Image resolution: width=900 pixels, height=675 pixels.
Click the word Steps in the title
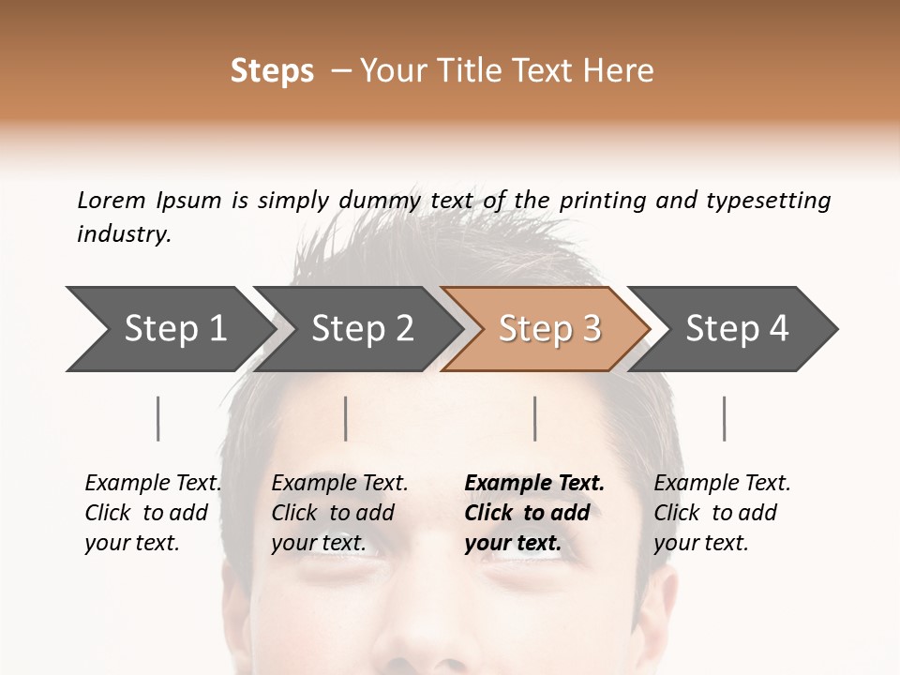(x=272, y=71)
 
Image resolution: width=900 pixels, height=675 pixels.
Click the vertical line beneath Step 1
(x=158, y=418)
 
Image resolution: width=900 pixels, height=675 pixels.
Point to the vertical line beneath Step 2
(x=346, y=418)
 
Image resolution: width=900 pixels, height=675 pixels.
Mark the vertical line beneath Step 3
(x=535, y=418)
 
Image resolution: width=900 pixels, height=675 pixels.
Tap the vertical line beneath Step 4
(x=725, y=418)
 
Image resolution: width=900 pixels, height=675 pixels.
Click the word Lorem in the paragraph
(x=112, y=200)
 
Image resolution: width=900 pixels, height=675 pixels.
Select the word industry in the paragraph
(x=124, y=233)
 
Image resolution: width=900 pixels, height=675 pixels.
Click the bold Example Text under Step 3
(x=534, y=483)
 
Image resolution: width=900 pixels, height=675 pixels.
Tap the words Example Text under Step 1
(x=153, y=483)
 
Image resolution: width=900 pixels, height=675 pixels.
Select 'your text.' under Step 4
(x=701, y=543)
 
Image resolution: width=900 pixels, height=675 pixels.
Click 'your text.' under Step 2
(x=319, y=543)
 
